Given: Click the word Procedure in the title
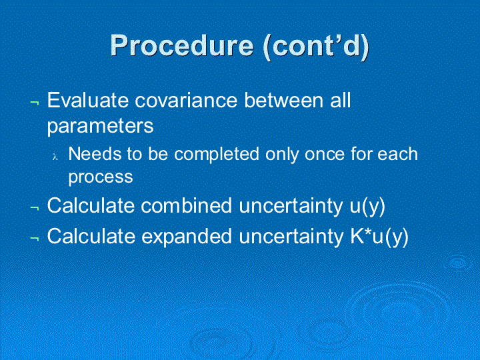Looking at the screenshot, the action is tap(182, 47).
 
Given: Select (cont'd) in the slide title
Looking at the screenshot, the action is tap(316, 46).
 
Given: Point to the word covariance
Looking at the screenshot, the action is tap(186, 101).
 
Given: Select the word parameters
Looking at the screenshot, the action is tap(100, 126).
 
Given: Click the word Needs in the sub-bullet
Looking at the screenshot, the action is tap(95, 154).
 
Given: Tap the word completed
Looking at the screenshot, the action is tap(217, 154).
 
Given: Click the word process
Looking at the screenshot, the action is tap(101, 177).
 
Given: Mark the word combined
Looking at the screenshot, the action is tap(187, 205).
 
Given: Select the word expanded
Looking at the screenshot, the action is tap(187, 237).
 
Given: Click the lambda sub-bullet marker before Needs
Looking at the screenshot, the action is tap(55, 157).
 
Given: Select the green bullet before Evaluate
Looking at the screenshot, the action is tap(35, 103).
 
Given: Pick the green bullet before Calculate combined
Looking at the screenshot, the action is tap(35, 208).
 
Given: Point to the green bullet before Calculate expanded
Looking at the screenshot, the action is tap(35, 239).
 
